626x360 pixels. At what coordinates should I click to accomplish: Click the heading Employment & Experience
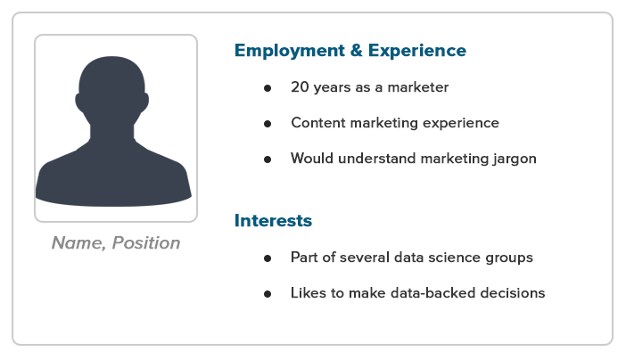pyautogui.click(x=350, y=51)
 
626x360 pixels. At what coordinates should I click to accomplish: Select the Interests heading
pyautogui.click(x=273, y=221)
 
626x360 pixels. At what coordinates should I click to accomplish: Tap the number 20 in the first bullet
pyautogui.click(x=300, y=87)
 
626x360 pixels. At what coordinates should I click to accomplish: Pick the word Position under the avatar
pyautogui.click(x=146, y=243)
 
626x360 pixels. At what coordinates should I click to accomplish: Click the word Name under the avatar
pyautogui.click(x=78, y=243)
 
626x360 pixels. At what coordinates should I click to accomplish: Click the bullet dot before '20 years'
pyautogui.click(x=268, y=88)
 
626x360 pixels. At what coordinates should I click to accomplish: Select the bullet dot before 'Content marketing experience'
pyautogui.click(x=268, y=124)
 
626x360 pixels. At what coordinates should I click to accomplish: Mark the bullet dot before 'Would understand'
pyautogui.click(x=268, y=160)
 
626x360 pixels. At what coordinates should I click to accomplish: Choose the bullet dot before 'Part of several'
pyautogui.click(x=268, y=258)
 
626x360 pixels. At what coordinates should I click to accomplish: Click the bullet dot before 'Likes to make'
pyautogui.click(x=268, y=294)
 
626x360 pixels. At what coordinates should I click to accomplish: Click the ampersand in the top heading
pyautogui.click(x=356, y=51)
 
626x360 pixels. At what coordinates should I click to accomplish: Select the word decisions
pyautogui.click(x=513, y=293)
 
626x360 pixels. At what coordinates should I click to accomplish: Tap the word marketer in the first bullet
pyautogui.click(x=418, y=87)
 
